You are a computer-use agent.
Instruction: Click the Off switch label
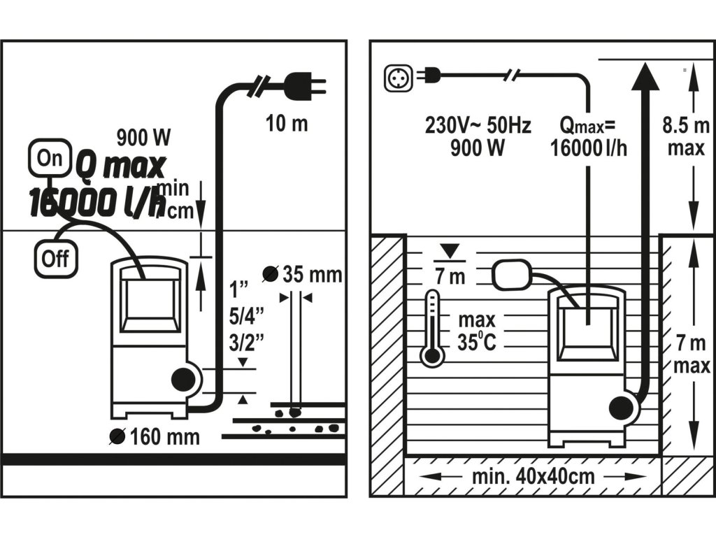[56, 258]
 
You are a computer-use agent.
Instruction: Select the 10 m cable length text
[287, 124]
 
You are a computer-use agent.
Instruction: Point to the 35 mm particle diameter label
[303, 275]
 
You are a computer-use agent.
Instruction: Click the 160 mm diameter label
[155, 438]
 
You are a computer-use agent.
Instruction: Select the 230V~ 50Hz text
[478, 126]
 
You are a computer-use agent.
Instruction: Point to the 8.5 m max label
[687, 137]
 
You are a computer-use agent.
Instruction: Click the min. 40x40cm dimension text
[533, 477]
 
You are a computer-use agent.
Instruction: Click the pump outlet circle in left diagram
[184, 381]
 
